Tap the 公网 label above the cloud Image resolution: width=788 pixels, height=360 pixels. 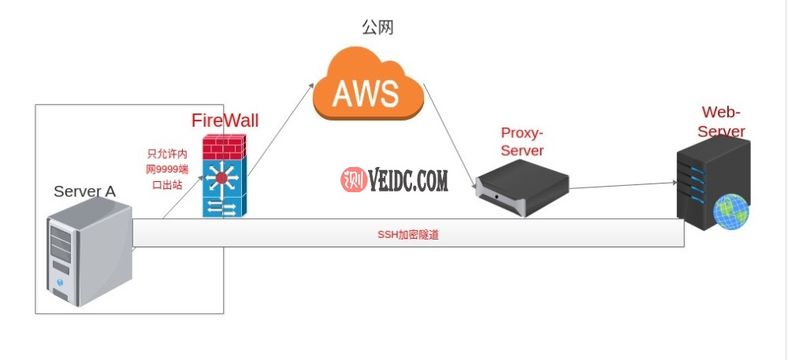(377, 28)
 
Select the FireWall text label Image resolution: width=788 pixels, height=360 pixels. (225, 121)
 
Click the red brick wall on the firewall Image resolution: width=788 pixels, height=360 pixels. (224, 147)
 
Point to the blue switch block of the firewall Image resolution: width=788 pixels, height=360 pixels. (224, 189)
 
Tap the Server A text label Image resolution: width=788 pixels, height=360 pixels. (84, 191)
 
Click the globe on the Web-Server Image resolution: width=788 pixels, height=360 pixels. (730, 213)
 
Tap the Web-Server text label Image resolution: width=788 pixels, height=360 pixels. (721, 121)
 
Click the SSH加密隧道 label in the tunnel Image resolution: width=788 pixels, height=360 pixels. (408, 234)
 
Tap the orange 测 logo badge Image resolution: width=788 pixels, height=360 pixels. (351, 180)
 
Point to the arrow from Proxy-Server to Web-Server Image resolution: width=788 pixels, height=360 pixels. (623, 185)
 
